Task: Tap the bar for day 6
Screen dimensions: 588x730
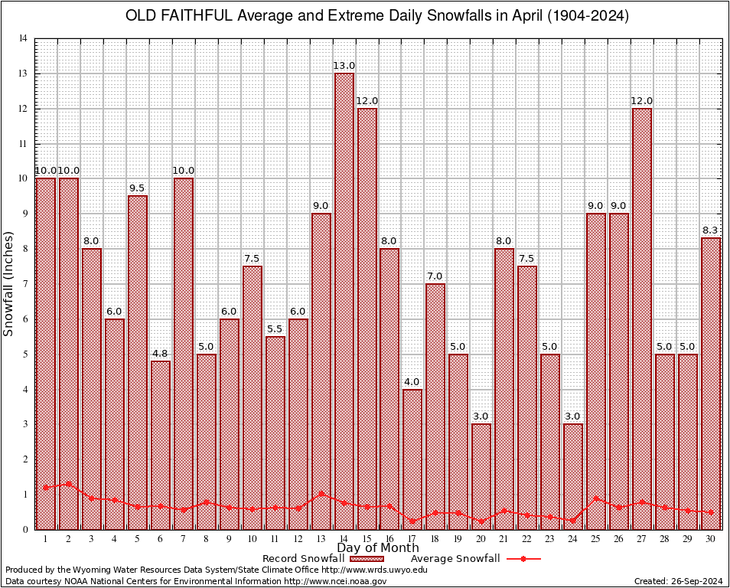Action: point(161,445)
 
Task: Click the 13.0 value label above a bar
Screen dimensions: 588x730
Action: point(344,67)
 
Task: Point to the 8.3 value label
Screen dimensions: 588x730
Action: point(711,230)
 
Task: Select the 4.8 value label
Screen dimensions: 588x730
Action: point(161,354)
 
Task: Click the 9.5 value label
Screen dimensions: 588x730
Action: point(138,188)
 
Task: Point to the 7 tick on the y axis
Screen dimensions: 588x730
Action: point(26,284)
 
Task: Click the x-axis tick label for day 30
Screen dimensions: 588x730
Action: point(711,539)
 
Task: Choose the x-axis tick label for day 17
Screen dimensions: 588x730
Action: point(412,539)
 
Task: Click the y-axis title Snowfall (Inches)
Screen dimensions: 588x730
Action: point(8,283)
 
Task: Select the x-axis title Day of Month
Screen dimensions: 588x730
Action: point(377,548)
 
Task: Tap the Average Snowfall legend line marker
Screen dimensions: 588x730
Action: point(523,559)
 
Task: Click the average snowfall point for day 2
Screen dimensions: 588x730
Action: point(69,483)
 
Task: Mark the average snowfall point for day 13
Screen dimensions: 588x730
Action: point(321,494)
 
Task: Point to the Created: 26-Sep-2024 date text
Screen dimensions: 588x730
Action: point(679,582)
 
